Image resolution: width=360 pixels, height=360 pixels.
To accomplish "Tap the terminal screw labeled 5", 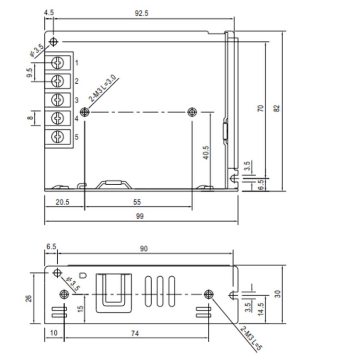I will coord(58,137).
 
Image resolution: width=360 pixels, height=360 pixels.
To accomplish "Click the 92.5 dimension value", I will coord(141,13).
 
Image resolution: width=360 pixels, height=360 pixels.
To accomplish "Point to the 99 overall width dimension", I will coord(140,216).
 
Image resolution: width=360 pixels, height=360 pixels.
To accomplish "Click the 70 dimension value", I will coord(260,108).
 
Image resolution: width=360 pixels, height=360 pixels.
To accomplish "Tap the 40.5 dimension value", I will coord(206,152).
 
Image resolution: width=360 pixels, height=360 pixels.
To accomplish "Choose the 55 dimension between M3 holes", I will coord(137,202).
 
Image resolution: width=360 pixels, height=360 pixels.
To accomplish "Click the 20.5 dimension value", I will coord(62,202).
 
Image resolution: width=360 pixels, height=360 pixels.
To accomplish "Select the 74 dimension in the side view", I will coord(135,333).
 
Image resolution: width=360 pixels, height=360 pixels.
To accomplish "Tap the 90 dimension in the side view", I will coord(144,248).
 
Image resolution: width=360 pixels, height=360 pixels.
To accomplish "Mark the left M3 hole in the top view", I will coord(84,112).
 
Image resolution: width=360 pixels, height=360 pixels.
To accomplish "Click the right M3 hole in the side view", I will coord(208,294).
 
